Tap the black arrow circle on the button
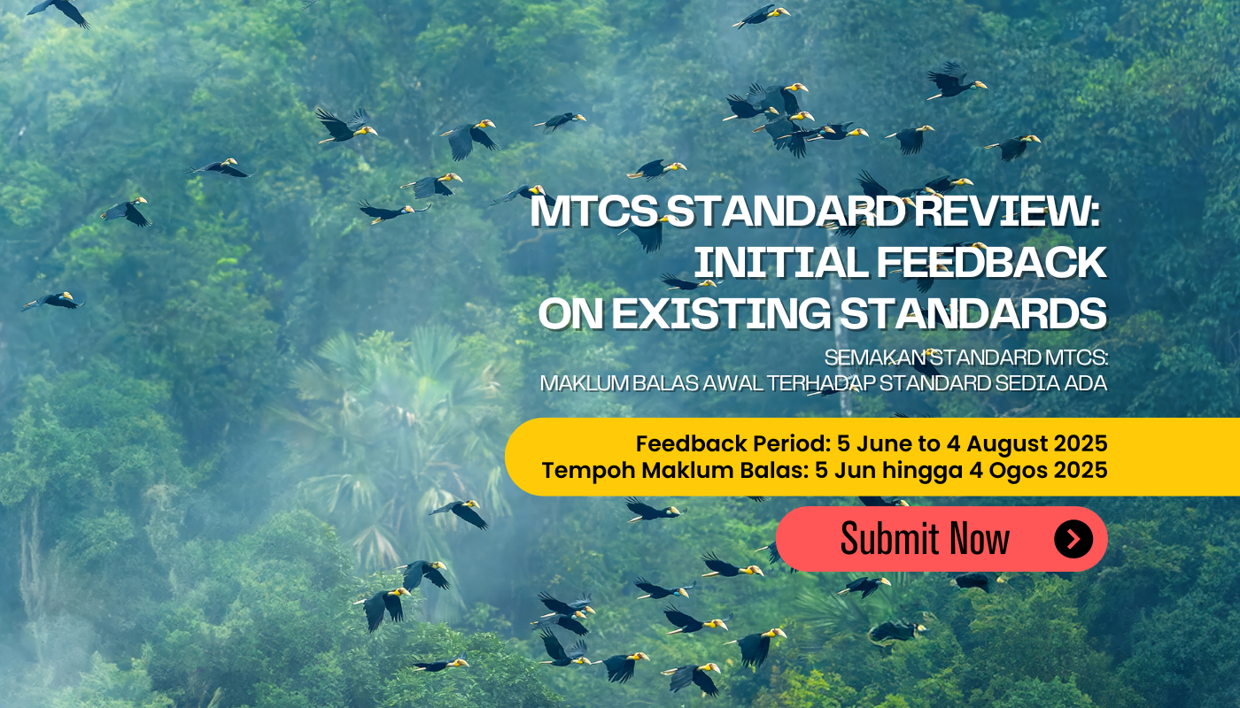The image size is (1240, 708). tap(1073, 539)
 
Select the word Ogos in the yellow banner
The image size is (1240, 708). tap(1015, 470)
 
